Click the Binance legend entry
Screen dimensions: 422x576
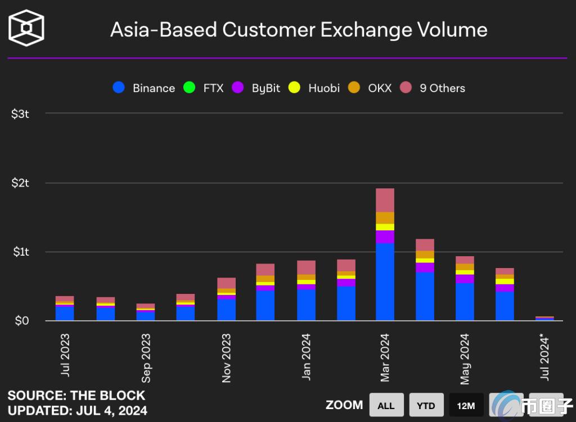(144, 88)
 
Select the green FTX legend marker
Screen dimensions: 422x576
(190, 88)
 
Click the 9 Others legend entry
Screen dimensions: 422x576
(433, 88)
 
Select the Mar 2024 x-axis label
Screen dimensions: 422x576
(385, 357)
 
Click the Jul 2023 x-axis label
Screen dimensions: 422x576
(65, 355)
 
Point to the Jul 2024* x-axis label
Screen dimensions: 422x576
(545, 356)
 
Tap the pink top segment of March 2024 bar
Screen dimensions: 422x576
(385, 200)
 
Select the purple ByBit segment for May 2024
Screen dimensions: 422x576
(465, 279)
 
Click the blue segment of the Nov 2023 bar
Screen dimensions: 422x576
(226, 310)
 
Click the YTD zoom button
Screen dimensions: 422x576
(426, 405)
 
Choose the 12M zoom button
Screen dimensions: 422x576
(466, 405)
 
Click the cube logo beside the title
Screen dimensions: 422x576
(26, 28)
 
